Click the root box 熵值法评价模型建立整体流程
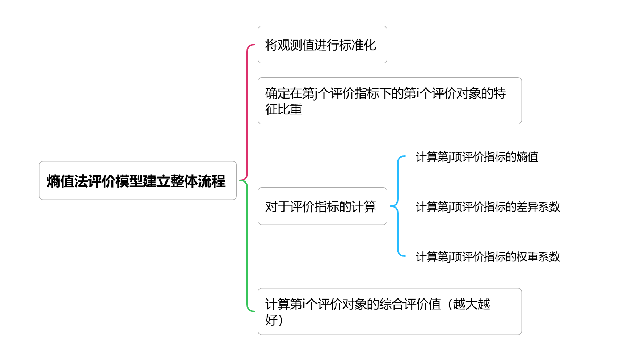coord(138,180)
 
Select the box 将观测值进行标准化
coord(322,45)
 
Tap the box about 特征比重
coord(389,101)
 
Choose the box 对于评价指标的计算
coord(322,206)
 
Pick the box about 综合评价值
coord(389,311)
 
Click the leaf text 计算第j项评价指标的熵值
coord(477,157)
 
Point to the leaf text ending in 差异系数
coord(488,207)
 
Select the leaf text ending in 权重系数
coord(488,257)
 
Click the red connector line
coord(247,109)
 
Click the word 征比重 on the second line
coord(284,109)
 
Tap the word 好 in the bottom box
coord(271,320)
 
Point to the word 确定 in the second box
coord(277,93)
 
